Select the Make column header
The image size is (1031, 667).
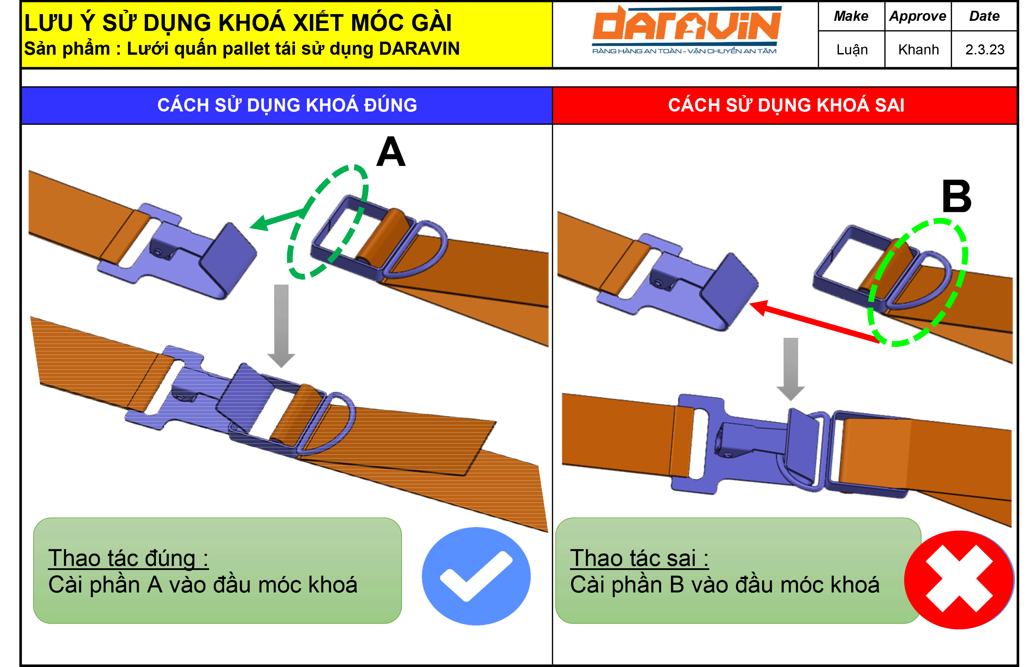[851, 16]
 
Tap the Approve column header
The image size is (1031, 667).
[917, 16]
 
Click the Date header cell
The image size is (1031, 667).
[984, 16]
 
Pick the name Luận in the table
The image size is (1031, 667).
[852, 50]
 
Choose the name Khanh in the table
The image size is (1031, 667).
[918, 50]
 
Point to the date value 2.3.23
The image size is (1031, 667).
[984, 50]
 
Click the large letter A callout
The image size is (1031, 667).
[391, 151]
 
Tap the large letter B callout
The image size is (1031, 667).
[956, 196]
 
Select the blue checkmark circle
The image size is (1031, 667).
[476, 576]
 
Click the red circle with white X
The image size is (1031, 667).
[959, 579]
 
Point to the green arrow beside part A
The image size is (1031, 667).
[277, 219]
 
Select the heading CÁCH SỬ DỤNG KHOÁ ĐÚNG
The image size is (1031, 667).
[287, 105]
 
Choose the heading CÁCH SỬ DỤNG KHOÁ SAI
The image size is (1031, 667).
[786, 105]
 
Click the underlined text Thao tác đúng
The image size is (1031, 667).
[128, 558]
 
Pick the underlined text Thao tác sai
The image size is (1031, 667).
[639, 558]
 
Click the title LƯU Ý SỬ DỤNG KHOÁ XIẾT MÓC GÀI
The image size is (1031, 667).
[238, 23]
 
